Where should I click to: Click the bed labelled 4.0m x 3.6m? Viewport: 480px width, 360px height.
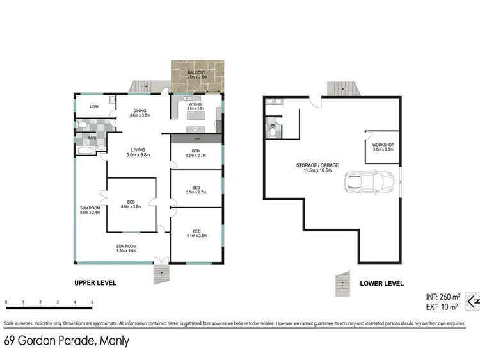[x=130, y=204]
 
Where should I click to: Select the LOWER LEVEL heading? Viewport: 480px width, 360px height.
[x=380, y=282]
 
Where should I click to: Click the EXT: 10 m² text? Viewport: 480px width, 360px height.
[x=440, y=306]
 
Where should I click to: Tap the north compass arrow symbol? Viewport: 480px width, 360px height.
[x=472, y=300]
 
